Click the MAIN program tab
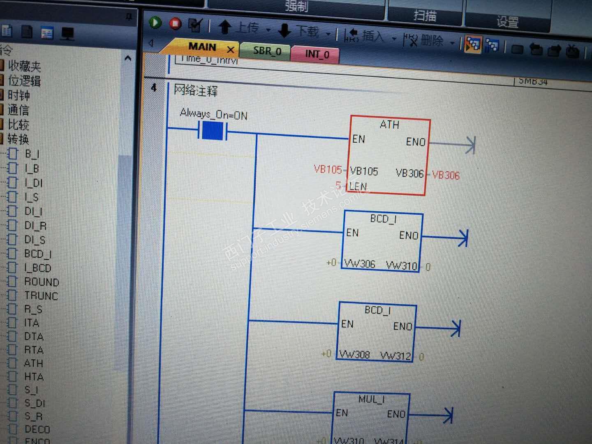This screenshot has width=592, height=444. tap(202, 47)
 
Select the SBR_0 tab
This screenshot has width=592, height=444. tap(267, 51)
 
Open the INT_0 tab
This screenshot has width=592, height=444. tap(317, 54)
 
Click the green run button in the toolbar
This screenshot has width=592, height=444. tap(155, 23)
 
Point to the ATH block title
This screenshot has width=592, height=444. tap(389, 124)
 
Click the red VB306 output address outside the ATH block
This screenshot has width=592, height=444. tap(446, 176)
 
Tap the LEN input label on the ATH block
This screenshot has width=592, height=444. tap(358, 187)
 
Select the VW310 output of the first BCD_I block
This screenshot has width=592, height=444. tap(401, 266)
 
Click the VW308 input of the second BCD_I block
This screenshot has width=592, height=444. tap(354, 354)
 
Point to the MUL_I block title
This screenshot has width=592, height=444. tap(371, 399)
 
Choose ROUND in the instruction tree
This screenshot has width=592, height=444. tap(42, 282)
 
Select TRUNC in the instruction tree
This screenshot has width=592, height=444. tap(41, 296)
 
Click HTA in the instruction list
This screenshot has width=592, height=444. tap(34, 377)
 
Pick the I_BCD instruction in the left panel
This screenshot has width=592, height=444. tap(38, 268)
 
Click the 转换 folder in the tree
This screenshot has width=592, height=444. tap(18, 139)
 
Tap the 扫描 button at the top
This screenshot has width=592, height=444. tap(425, 16)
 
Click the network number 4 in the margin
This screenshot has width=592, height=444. tap(154, 88)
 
